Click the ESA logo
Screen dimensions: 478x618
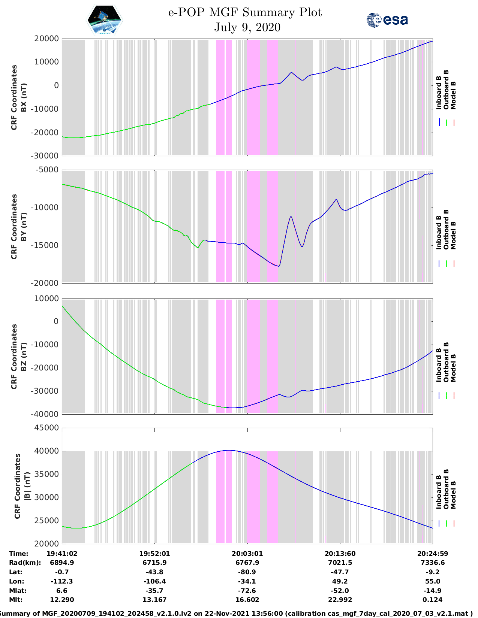click(387, 20)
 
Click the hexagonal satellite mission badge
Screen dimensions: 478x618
click(104, 20)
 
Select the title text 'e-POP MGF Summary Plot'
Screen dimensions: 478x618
click(245, 12)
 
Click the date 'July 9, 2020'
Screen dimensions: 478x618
click(247, 27)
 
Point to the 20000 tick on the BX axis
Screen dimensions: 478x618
click(46, 39)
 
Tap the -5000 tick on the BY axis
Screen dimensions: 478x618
click(47, 170)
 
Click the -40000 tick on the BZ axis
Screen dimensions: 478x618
click(44, 414)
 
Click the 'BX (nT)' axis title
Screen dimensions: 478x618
click(24, 97)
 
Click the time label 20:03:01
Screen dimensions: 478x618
click(247, 554)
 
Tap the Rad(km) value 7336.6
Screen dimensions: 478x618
click(432, 563)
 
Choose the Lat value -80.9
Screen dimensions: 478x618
click(247, 572)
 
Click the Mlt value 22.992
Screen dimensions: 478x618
click(340, 600)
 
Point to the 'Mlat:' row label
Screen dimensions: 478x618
click(18, 590)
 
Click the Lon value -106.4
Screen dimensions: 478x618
click(154, 581)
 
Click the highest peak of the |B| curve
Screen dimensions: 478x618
click(229, 450)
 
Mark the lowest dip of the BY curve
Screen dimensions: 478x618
click(279, 266)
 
